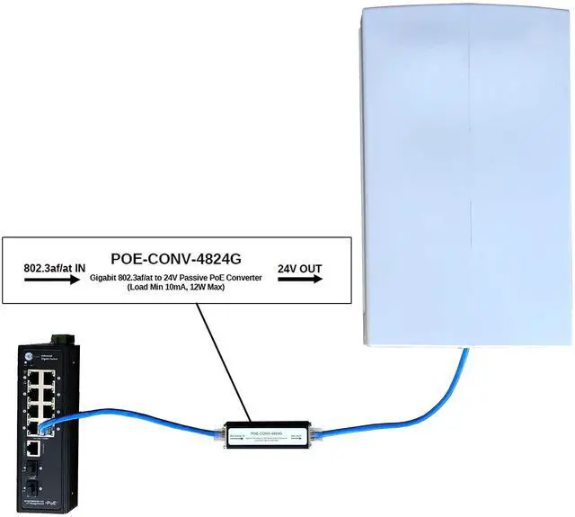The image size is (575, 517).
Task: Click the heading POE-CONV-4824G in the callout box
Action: [x=177, y=256]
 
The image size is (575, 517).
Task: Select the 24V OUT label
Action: [x=300, y=267]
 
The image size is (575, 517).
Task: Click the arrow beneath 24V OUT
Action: [x=300, y=281]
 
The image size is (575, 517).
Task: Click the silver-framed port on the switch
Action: [x=31, y=448]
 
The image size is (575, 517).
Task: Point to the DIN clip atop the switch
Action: [x=61, y=336]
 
